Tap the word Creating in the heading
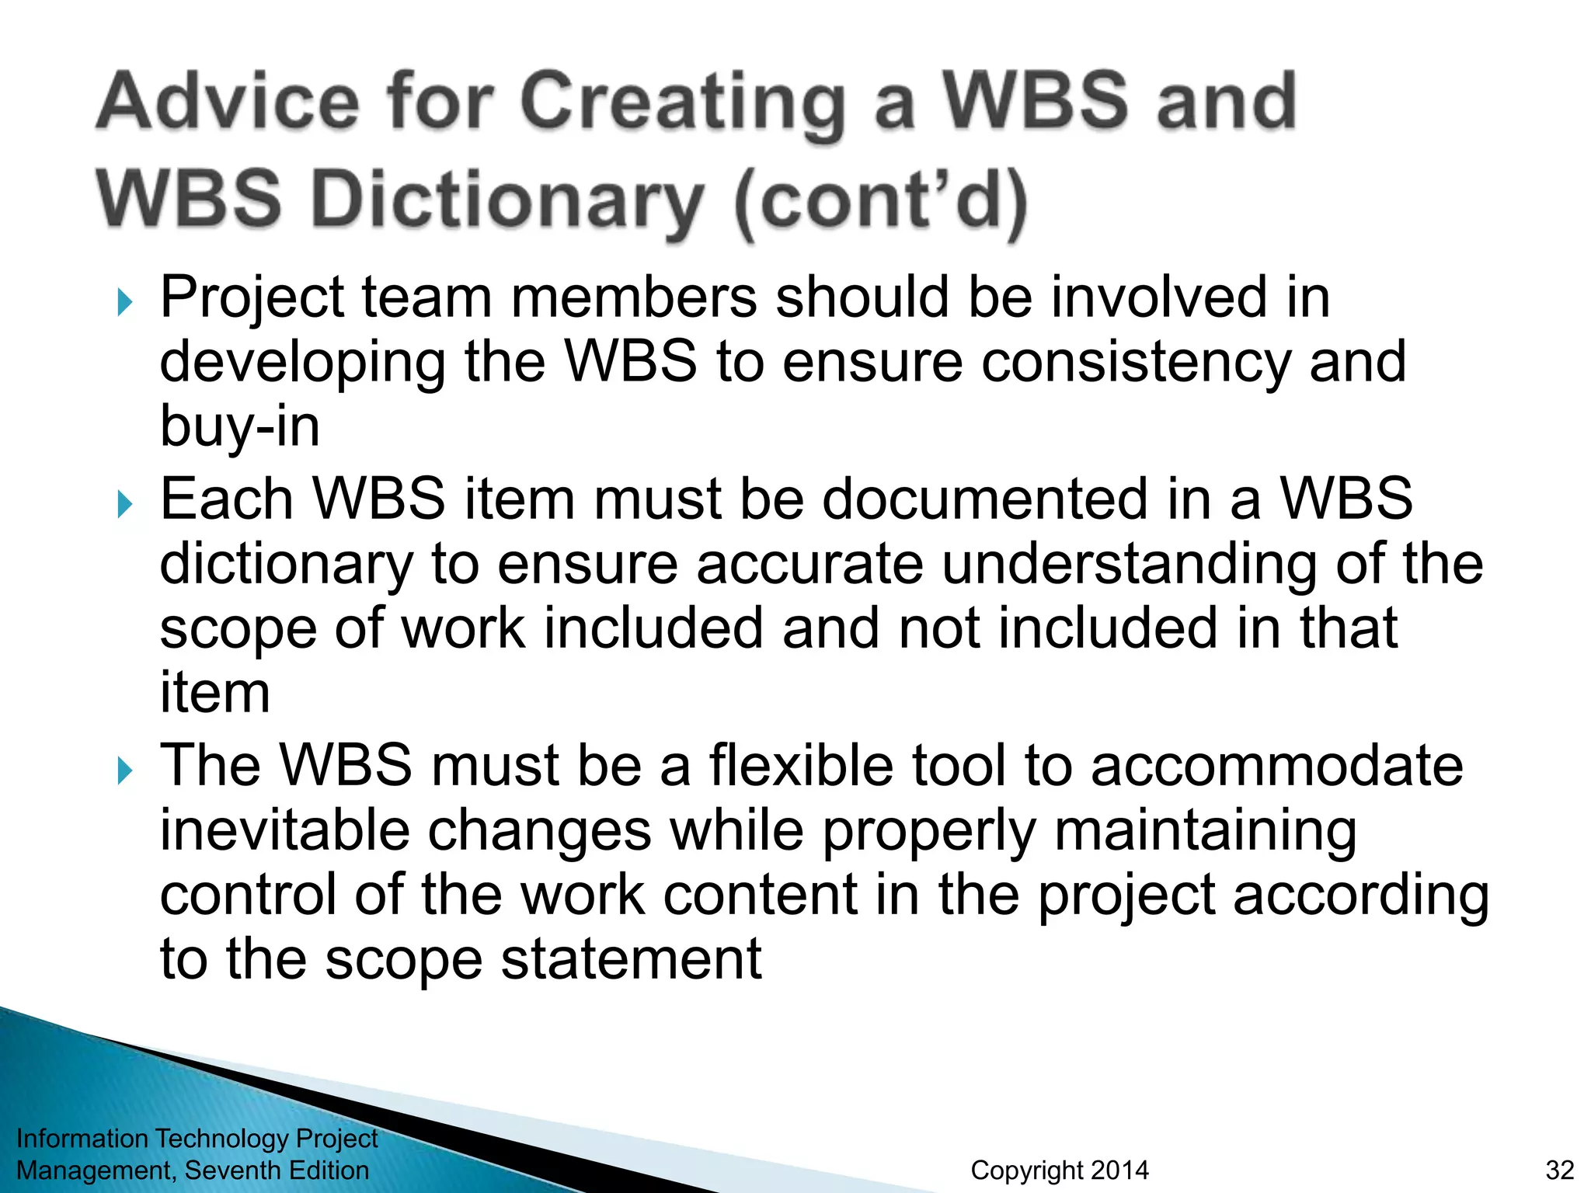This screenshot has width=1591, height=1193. click(682, 103)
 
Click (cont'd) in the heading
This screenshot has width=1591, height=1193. click(880, 200)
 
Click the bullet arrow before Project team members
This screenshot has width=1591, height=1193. click(125, 301)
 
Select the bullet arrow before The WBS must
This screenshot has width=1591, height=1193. click(125, 770)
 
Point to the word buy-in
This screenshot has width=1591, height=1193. click(239, 427)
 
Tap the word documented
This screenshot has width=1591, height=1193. click(984, 499)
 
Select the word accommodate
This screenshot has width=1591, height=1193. click(1276, 766)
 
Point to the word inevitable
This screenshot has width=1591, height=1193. click(284, 830)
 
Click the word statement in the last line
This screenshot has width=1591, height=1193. click(631, 960)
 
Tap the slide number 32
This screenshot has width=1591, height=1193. click(1559, 1170)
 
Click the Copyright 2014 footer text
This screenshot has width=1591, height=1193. click(1059, 1170)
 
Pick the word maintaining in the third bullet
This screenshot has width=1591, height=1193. click(1205, 830)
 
